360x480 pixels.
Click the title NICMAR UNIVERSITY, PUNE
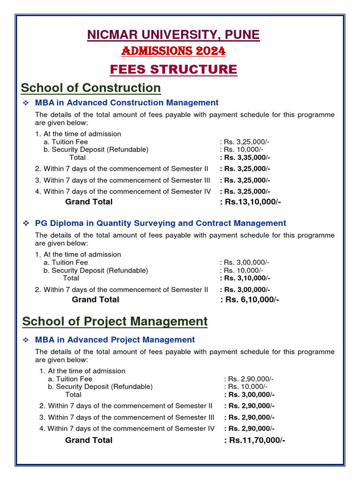tap(173, 35)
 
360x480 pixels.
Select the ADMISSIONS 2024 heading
tap(173, 51)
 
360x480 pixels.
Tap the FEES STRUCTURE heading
tap(173, 69)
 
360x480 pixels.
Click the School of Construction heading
tap(91, 88)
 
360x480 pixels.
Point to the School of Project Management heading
tap(115, 321)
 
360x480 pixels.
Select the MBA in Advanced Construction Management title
tap(127, 103)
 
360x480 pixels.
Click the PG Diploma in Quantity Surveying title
tap(160, 224)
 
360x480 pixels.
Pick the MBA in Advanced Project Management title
tap(115, 340)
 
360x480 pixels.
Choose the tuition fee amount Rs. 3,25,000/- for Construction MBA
tap(245, 142)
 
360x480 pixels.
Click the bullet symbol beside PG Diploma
tap(27, 224)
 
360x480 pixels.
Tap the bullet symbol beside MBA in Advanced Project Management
tap(27, 340)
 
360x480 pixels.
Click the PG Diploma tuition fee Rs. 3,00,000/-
tap(245, 262)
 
